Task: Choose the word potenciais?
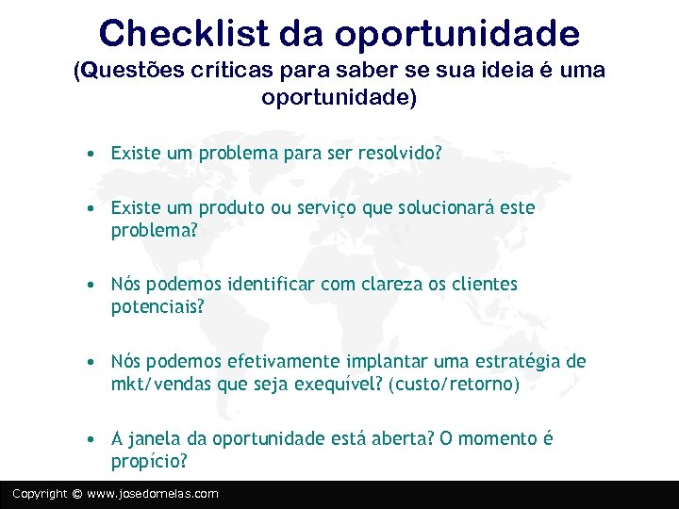(157, 307)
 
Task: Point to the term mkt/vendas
(160, 385)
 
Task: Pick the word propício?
(149, 462)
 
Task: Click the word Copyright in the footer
(40, 494)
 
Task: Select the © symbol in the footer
(77, 494)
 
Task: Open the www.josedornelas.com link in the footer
(152, 494)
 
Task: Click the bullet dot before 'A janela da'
(87, 439)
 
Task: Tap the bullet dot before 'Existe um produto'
(87, 207)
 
